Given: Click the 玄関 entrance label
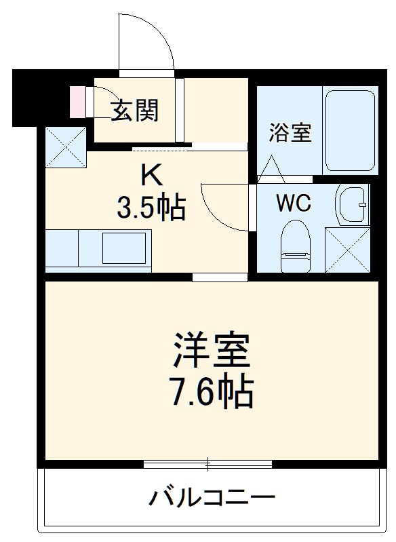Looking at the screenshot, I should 135,110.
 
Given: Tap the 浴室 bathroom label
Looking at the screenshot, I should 290,133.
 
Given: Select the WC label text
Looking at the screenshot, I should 292,204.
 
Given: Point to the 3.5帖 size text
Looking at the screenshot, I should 151,208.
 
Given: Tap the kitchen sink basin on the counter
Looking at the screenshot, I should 123,249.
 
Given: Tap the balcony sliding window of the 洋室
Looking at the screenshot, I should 207,464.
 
